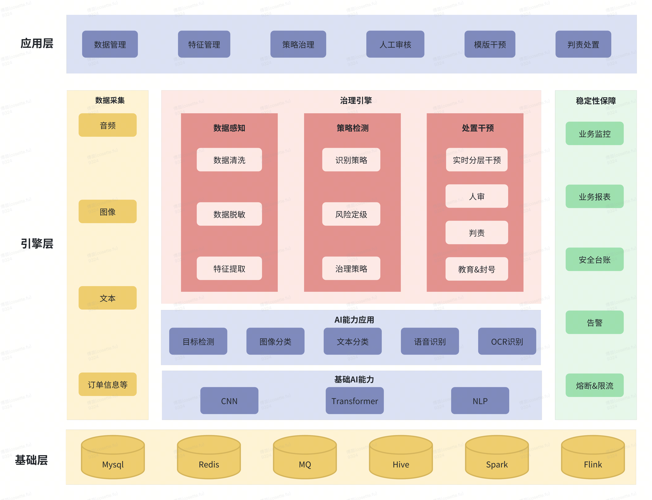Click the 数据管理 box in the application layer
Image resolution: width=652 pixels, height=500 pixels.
point(110,44)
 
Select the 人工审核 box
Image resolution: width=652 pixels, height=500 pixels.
point(395,44)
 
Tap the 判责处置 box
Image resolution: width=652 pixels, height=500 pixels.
point(583,44)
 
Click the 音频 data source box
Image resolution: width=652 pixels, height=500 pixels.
point(107,125)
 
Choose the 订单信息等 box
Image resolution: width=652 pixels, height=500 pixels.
point(107,385)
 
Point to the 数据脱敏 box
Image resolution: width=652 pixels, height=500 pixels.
point(229,214)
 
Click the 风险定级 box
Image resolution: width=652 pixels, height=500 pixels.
point(351,214)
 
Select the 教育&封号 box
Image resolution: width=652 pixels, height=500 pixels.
point(476,269)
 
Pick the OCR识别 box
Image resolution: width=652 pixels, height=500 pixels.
point(507,341)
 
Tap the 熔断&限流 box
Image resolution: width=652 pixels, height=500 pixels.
point(594,385)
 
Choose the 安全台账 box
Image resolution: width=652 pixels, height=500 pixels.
point(594,260)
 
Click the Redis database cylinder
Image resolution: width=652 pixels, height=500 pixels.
point(209,458)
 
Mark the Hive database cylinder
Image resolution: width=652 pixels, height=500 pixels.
point(401,458)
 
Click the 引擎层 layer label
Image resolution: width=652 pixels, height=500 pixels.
point(37,244)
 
